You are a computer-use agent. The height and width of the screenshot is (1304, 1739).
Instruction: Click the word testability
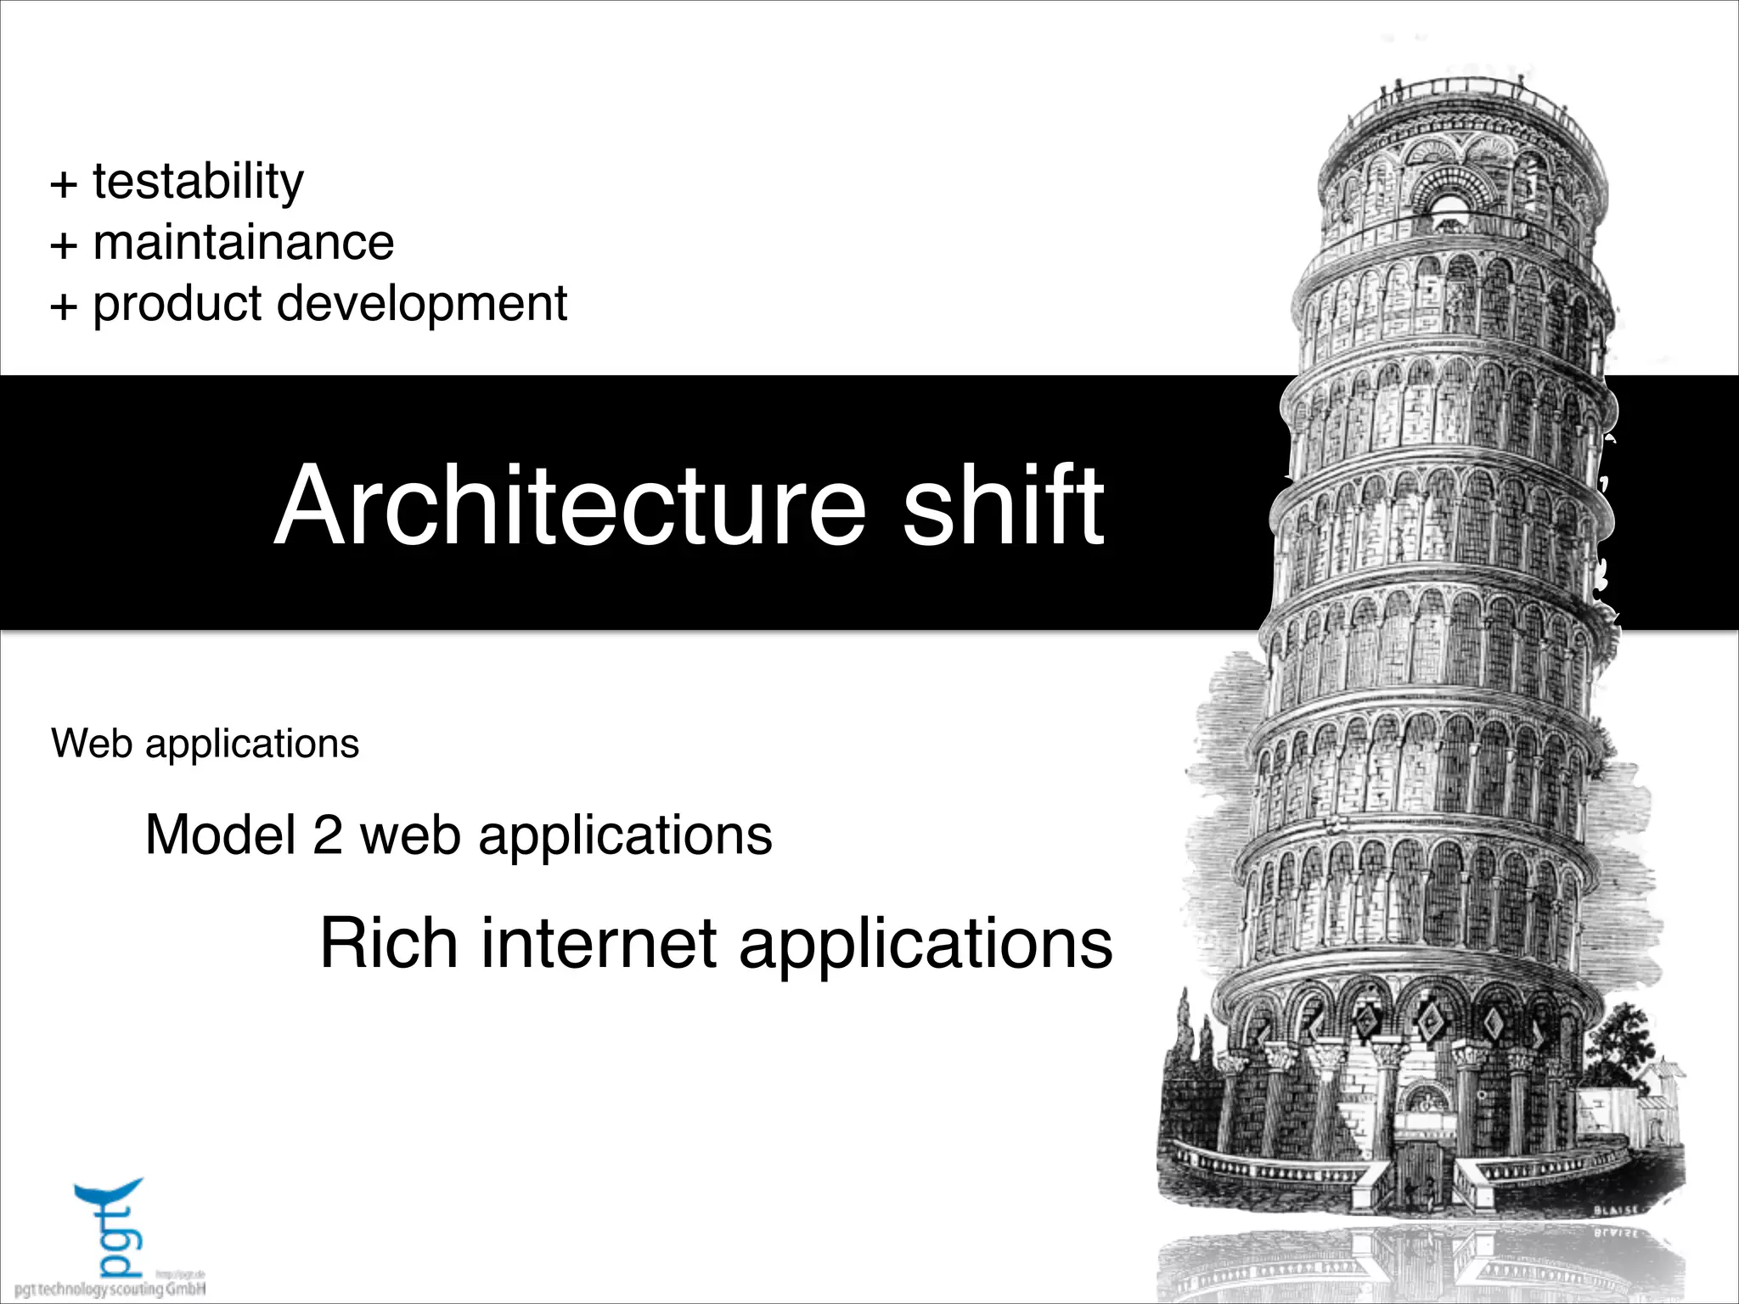tap(197, 182)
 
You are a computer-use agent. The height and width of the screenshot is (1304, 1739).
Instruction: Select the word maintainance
tap(243, 243)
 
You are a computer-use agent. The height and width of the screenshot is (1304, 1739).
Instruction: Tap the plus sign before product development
tap(64, 306)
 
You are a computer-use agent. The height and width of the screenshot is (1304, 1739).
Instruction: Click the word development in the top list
tap(422, 304)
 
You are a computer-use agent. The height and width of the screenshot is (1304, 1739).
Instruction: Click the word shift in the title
tap(1003, 506)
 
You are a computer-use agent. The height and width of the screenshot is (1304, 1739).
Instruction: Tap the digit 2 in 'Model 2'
tap(328, 835)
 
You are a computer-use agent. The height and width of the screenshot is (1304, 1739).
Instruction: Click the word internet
tap(599, 943)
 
